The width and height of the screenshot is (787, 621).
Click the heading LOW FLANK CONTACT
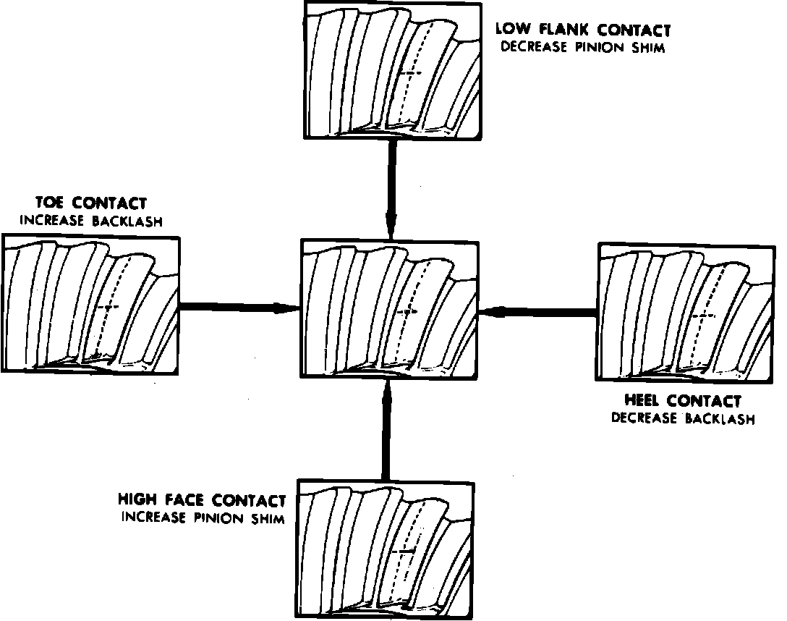point(582,30)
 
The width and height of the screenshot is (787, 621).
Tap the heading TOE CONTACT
point(90,203)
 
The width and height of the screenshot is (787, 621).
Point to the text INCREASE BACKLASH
point(90,221)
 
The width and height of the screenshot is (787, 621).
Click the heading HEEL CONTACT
point(683,401)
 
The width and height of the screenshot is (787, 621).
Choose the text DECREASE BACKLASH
point(683,418)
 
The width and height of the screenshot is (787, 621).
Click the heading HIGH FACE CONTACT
point(202,500)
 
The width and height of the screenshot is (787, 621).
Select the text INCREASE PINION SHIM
point(202,517)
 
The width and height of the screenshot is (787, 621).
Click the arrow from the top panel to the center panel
point(391,188)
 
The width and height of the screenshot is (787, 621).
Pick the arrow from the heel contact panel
point(539,311)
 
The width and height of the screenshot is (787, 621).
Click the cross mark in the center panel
point(408,311)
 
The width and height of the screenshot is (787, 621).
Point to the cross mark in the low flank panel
point(409,73)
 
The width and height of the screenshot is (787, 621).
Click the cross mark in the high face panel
point(406,552)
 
